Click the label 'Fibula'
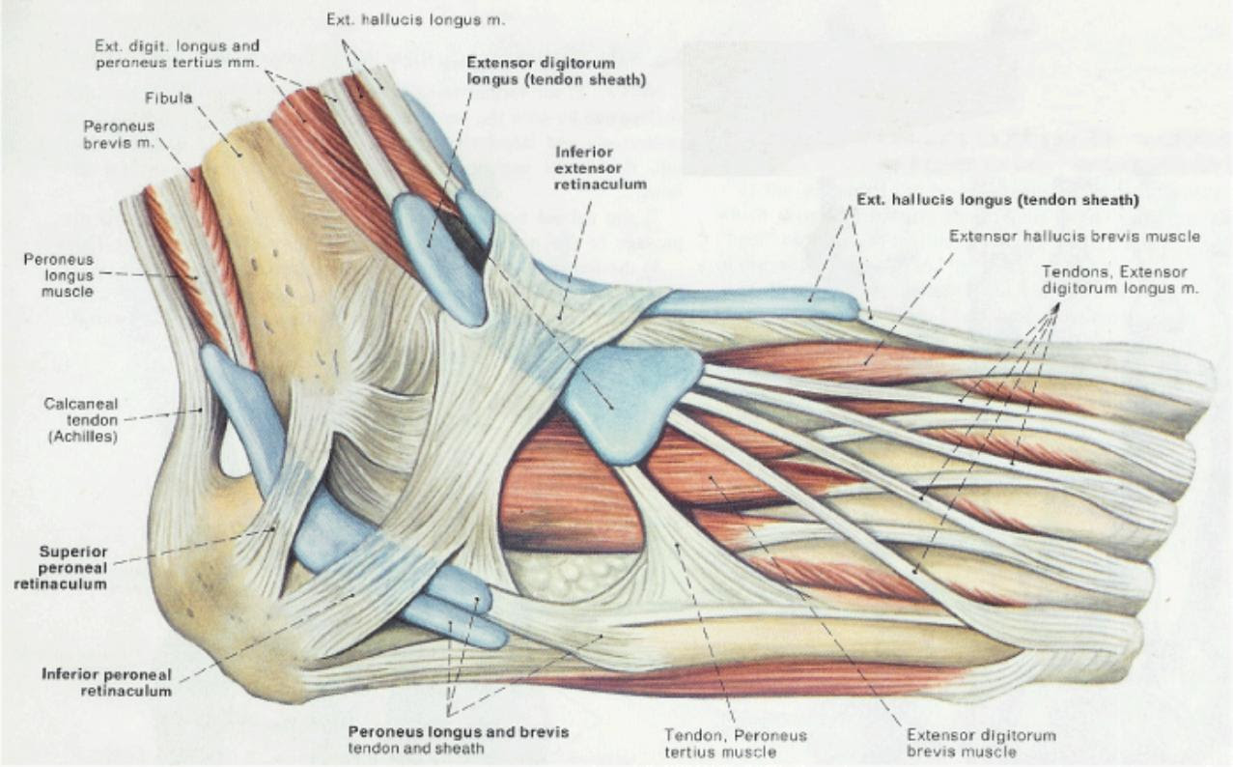[169, 98]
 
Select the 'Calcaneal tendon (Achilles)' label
[81, 420]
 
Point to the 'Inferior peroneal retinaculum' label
[107, 682]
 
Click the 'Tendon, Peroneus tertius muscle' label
[736, 743]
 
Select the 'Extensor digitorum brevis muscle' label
[981, 743]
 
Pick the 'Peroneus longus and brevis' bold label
[458, 731]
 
